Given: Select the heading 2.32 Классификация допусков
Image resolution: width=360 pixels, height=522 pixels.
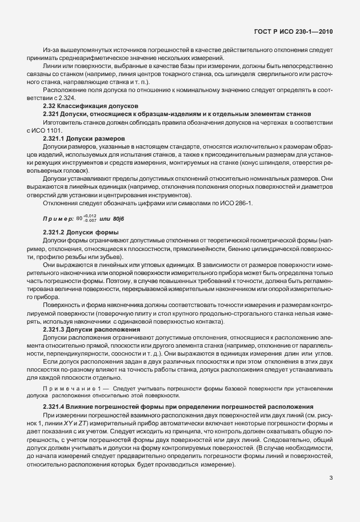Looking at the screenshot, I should (x=91, y=106).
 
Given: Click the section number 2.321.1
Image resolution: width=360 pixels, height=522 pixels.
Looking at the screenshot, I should (x=57, y=138).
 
